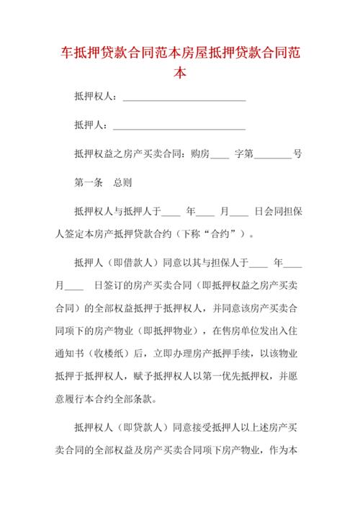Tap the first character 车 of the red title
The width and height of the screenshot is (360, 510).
[x=62, y=53]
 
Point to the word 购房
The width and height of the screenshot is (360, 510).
[x=199, y=153]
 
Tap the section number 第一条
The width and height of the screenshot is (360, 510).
[x=89, y=182]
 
